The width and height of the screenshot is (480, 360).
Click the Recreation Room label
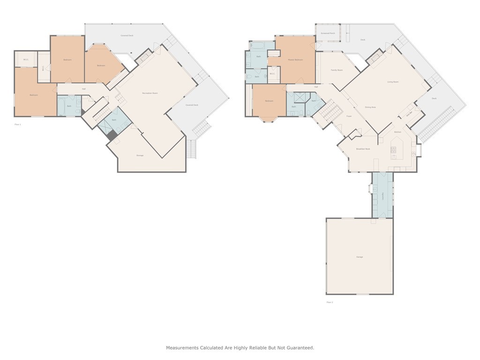tap(150, 93)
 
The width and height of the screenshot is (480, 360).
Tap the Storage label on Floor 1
tap(140, 155)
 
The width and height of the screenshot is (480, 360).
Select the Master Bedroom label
tap(295, 60)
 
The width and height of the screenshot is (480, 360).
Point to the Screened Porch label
tap(328, 33)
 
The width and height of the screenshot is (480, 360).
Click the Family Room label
tap(337, 70)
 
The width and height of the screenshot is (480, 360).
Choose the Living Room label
tap(393, 82)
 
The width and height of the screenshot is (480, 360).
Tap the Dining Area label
tap(370, 107)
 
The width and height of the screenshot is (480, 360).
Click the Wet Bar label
tap(409, 113)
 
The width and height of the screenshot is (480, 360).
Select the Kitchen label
tap(397, 132)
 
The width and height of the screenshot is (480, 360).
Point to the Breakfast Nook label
tap(363, 149)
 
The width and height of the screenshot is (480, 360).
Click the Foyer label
tap(349, 116)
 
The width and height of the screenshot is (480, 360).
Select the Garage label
tap(360, 257)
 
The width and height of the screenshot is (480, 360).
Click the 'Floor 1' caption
tap(17, 124)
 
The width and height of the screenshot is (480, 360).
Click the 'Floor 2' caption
tap(330, 302)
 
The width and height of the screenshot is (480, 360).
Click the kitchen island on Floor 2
tap(394, 150)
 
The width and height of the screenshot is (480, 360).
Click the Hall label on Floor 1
tap(84, 89)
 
